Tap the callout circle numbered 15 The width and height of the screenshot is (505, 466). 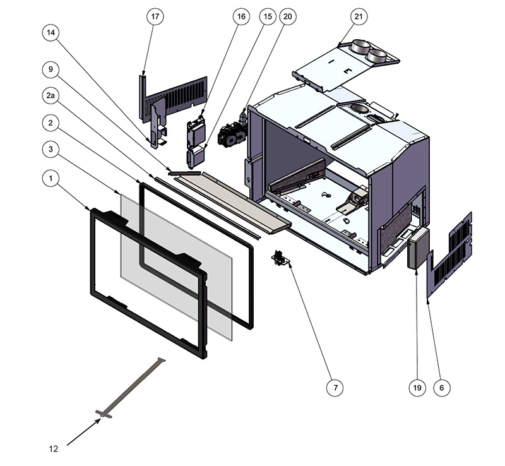tap(267, 16)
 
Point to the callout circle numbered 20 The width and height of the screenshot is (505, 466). tap(288, 16)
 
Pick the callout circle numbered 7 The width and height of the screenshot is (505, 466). tap(334, 387)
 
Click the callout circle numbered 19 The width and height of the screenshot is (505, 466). tap(416, 387)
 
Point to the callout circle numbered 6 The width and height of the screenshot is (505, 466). tap(442, 387)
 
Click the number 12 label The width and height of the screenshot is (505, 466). tap(54, 449)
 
